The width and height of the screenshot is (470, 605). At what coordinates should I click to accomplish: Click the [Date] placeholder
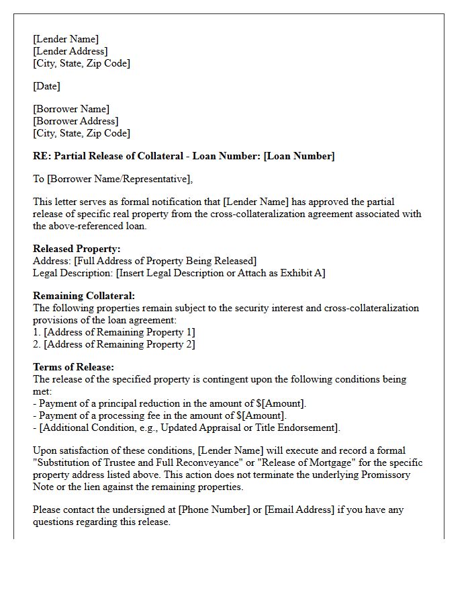tap(46, 86)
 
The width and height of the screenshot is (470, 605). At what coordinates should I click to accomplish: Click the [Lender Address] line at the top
tap(70, 51)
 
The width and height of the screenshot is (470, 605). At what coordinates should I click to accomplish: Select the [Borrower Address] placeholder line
tap(75, 121)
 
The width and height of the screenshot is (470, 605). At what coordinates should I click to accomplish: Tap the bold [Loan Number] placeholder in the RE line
tap(299, 156)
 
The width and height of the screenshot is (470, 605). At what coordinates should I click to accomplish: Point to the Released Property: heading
tap(77, 249)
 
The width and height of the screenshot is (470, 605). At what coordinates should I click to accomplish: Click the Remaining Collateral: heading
tap(84, 296)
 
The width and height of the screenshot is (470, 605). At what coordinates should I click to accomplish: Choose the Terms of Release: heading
tap(73, 367)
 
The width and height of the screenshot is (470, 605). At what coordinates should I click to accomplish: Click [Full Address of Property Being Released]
tap(165, 261)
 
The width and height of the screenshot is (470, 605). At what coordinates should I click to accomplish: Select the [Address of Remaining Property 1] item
tap(120, 332)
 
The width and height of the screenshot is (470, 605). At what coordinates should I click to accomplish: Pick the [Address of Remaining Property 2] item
tap(120, 344)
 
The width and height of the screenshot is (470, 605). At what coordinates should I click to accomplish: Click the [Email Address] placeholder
tap(299, 510)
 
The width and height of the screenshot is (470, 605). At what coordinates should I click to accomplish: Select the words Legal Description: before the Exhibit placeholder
tap(73, 273)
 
